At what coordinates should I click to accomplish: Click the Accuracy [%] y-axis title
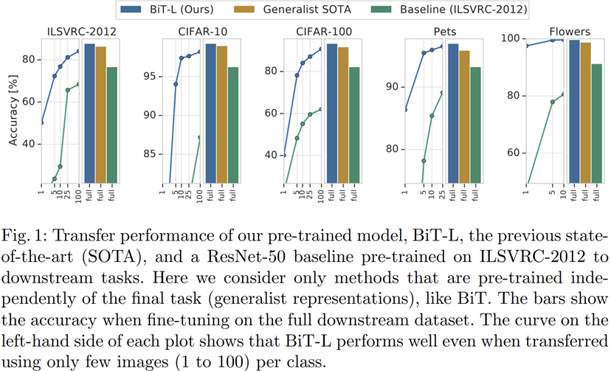pos(13,111)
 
